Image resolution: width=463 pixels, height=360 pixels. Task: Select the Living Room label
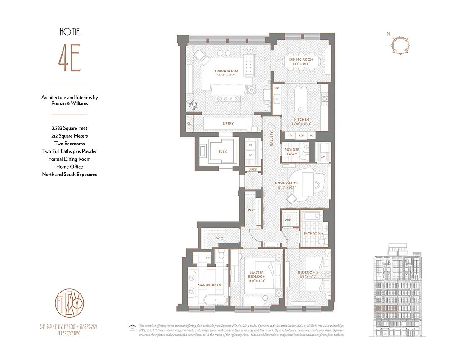coord(226,71)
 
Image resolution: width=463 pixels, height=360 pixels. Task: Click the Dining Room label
coord(301,60)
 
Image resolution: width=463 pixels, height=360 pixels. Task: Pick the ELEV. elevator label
coord(222,152)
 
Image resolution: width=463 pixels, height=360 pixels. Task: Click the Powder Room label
coord(292,152)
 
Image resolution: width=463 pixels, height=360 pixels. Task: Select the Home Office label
coord(287,184)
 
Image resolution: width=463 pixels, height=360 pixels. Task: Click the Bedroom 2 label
coord(308,273)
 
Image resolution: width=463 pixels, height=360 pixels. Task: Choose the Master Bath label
coord(209,285)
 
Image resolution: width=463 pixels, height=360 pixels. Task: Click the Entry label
coord(228,123)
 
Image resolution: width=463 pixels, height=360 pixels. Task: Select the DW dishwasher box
coord(277,88)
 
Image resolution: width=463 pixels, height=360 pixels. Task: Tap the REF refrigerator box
coord(301,135)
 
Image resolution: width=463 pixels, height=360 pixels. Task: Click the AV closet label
coord(323,157)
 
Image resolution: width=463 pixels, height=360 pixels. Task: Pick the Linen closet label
coord(252,169)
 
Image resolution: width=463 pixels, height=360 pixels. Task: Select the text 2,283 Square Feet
coord(69,128)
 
